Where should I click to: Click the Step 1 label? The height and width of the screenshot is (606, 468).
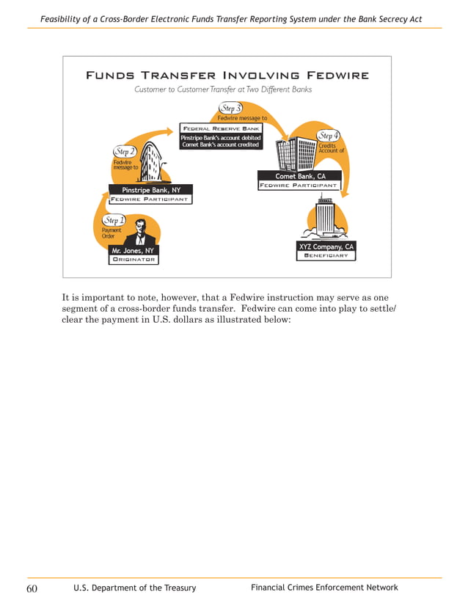pyautogui.click(x=114, y=220)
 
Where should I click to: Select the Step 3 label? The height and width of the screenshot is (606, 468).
pyautogui.click(x=231, y=109)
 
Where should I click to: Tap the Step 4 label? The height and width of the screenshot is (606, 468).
pyautogui.click(x=328, y=136)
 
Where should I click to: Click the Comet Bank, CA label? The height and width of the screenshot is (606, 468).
pyautogui.click(x=299, y=176)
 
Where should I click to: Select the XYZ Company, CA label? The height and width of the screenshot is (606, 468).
pyautogui.click(x=326, y=247)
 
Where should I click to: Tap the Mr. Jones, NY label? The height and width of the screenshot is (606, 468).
pyautogui.click(x=133, y=251)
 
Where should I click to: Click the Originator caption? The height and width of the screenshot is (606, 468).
pyautogui.click(x=133, y=260)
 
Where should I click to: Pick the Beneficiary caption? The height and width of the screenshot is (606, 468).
pyautogui.click(x=326, y=256)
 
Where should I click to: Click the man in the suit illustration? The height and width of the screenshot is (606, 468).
pyautogui.click(x=140, y=233)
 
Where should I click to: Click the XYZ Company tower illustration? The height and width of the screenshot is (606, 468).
pyautogui.click(x=323, y=219)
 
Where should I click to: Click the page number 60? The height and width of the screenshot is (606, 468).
pyautogui.click(x=33, y=588)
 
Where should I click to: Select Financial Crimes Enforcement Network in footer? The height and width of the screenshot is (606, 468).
pyautogui.click(x=324, y=588)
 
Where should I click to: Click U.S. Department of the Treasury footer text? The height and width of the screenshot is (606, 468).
pyautogui.click(x=135, y=588)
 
